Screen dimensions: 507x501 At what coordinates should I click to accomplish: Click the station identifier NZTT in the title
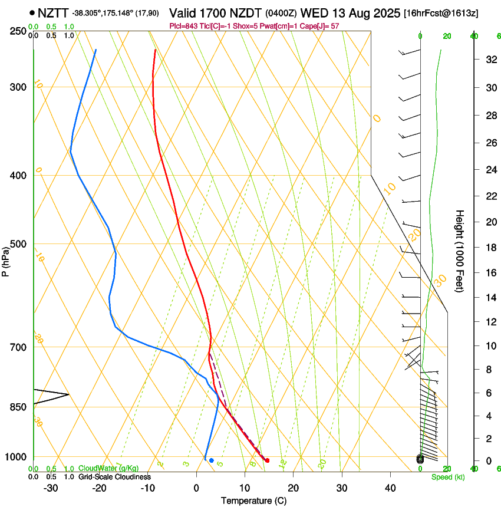pyautogui.click(x=53, y=12)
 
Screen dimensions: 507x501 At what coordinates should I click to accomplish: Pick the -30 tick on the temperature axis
pyautogui.click(x=51, y=488)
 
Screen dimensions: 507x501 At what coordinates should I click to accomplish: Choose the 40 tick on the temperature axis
pyautogui.click(x=390, y=488)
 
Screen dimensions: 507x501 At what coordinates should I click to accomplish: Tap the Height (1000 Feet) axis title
pyautogui.click(x=460, y=251)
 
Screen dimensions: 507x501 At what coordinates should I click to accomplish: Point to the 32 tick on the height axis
pyautogui.click(x=489, y=60)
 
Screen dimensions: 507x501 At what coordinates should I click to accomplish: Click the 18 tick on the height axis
pyautogui.click(x=489, y=248)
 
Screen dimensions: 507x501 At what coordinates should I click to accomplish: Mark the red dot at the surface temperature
pyautogui.click(x=267, y=460)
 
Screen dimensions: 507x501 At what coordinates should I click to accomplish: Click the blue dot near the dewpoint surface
pyautogui.click(x=212, y=460)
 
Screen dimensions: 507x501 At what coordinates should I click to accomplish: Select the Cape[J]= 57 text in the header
pyautogui.click(x=318, y=26)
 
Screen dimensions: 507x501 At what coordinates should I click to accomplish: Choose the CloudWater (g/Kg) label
pyautogui.click(x=108, y=469)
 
